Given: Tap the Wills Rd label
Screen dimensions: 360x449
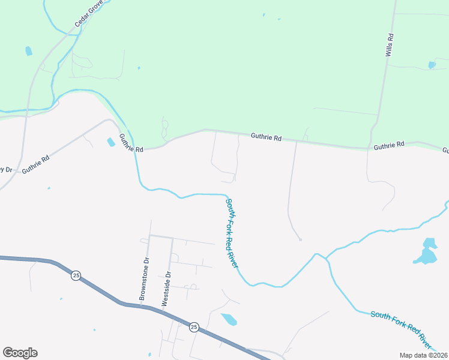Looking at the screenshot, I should pos(390,45).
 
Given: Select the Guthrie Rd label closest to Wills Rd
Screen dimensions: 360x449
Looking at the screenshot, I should pos(389,146).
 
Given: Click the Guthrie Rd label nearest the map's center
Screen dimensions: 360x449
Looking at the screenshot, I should pos(266,137).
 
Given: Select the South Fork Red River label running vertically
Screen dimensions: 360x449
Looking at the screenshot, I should pos(232,233).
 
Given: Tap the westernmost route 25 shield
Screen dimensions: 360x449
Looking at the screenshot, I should pos(75,275).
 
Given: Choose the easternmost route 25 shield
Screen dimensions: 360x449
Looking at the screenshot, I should pos(194,327).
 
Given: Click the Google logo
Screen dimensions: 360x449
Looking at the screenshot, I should pos(20,353).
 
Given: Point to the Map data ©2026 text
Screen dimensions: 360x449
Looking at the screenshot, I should pos(424,355).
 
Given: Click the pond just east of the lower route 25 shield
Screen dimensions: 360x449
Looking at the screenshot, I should pos(229,319).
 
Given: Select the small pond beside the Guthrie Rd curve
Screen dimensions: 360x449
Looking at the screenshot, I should pos(111,142).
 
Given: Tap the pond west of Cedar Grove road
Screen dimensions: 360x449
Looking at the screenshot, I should pos(29,51).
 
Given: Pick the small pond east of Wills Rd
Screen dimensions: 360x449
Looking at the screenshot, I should pos(432,65).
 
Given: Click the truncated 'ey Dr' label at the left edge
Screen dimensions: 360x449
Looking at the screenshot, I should pos(5,169).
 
